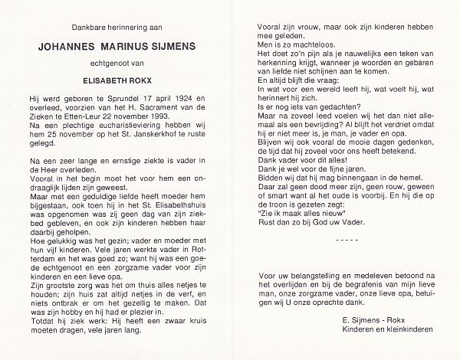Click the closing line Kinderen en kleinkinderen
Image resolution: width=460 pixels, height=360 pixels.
[x=383, y=330]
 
